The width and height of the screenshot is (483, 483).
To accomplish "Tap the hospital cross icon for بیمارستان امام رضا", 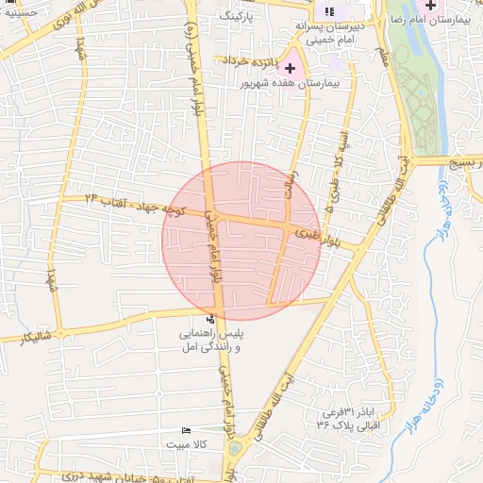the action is [x=430, y=7].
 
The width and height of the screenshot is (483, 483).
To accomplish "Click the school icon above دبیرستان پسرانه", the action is [x=328, y=11].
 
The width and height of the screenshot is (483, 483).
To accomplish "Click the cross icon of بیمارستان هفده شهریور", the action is [x=289, y=68].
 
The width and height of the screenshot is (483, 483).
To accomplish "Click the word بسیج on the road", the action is [x=467, y=162].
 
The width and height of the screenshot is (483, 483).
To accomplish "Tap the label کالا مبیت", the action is [x=186, y=443].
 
